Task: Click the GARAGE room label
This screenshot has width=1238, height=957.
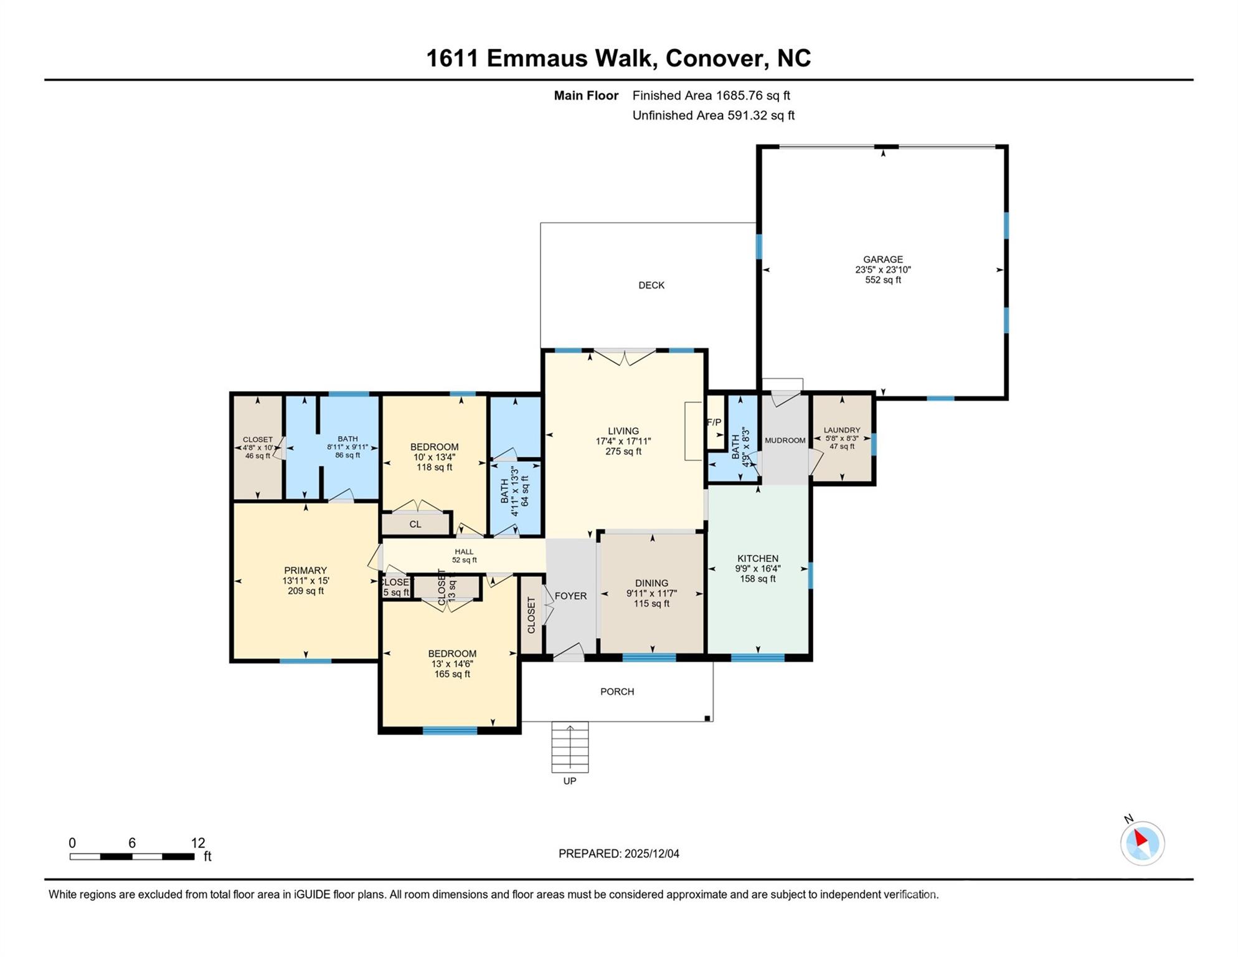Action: (882, 259)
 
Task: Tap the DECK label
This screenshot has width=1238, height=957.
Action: (651, 285)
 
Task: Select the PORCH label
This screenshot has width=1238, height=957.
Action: (617, 692)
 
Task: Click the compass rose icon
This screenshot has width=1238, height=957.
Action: (1142, 843)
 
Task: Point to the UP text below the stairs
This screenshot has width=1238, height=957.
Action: (569, 781)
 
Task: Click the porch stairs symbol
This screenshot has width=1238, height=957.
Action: (569, 747)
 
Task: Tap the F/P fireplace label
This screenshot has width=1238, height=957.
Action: (714, 422)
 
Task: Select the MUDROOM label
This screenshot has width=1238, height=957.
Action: (785, 440)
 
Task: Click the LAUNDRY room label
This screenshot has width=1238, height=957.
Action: (842, 430)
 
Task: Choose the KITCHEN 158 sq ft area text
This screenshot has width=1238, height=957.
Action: (758, 579)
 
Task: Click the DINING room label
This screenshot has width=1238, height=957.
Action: (651, 583)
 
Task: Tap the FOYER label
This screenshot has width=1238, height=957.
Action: (570, 596)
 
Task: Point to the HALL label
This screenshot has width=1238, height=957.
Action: (464, 551)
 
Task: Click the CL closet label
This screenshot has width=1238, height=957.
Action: (415, 525)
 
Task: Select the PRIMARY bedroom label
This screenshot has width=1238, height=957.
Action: (305, 570)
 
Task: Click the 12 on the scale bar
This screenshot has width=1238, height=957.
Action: (198, 843)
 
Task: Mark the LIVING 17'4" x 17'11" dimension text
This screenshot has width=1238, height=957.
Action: (623, 441)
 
